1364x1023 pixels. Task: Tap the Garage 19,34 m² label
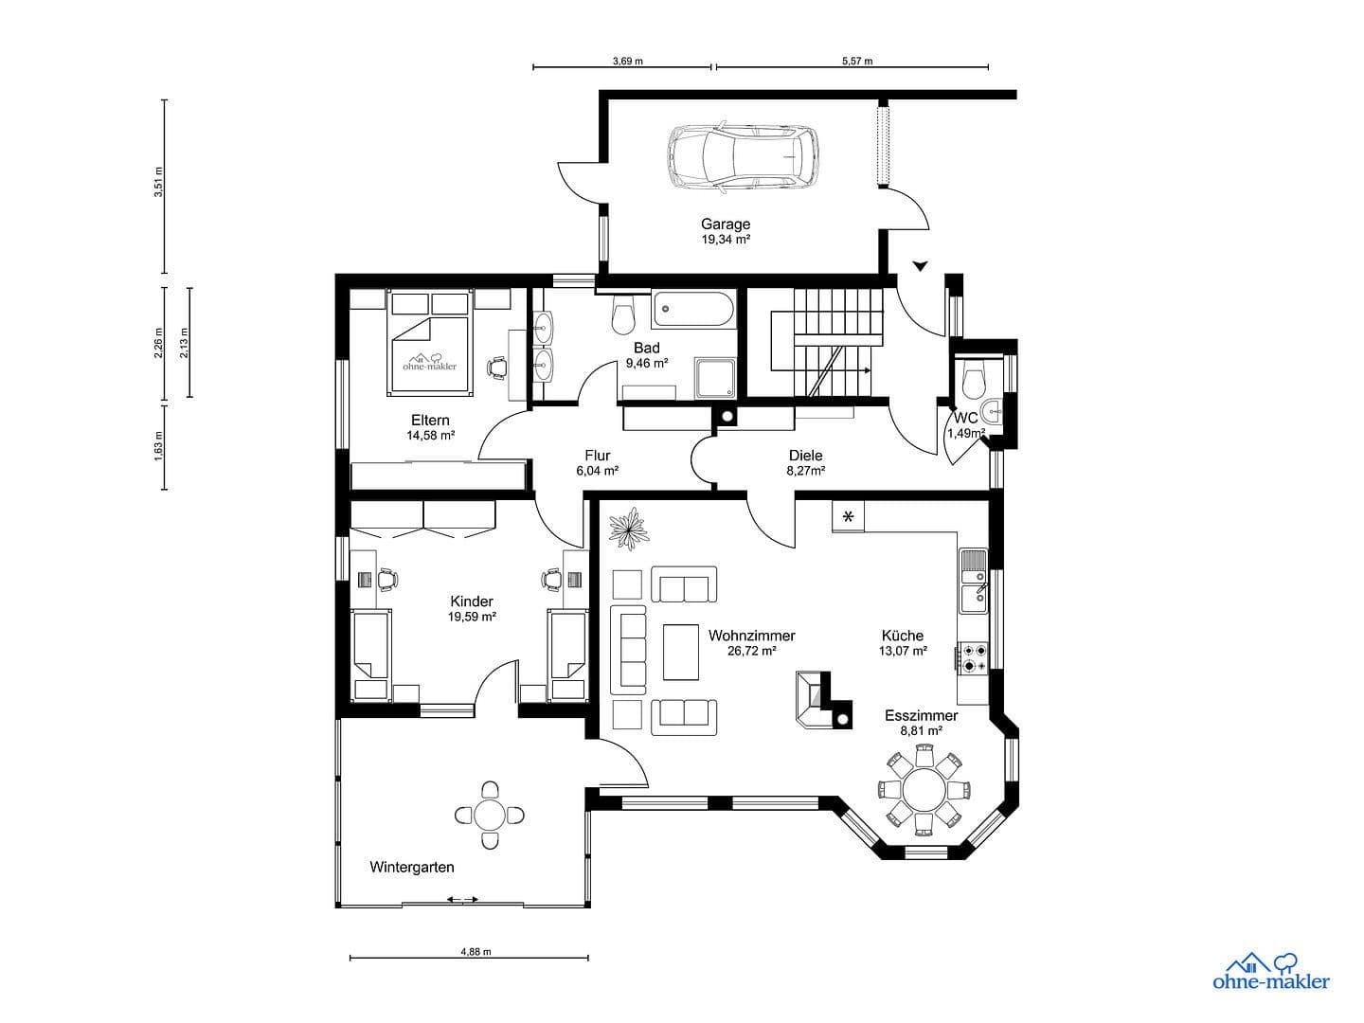726,231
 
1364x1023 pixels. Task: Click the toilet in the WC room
973,383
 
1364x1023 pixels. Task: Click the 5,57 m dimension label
856,61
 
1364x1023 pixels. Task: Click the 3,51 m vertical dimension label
159,182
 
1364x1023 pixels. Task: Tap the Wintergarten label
411,867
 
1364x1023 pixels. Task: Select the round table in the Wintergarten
490,815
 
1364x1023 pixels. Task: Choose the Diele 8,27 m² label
805,461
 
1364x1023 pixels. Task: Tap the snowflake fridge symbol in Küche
848,516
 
